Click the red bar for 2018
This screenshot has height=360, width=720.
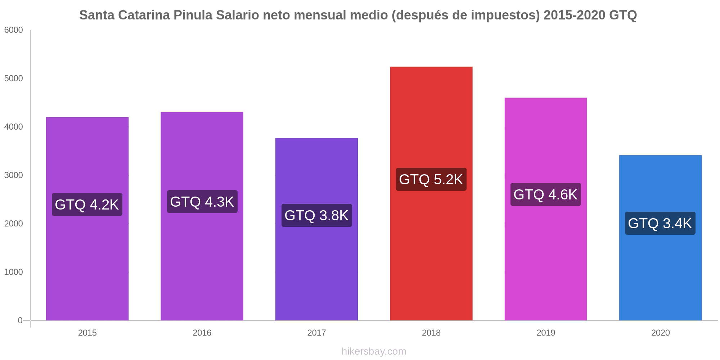431,252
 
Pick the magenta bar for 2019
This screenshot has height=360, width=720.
545,259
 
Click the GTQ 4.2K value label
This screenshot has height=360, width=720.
87,204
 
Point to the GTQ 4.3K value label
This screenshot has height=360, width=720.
202,202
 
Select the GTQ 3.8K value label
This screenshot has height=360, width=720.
316,215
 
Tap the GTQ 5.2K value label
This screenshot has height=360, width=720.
431,179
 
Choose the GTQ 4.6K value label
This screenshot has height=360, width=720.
545,194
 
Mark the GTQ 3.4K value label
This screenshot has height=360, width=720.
660,223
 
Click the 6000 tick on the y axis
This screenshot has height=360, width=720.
14,30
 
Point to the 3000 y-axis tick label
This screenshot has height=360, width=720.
14,175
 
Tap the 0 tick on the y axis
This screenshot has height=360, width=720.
20,320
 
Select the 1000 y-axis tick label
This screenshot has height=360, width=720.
14,272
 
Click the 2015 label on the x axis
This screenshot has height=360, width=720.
87,333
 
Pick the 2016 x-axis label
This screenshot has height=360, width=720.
202,333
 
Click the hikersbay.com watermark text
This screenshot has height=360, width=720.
374,351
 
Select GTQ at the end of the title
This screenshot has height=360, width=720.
623,15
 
